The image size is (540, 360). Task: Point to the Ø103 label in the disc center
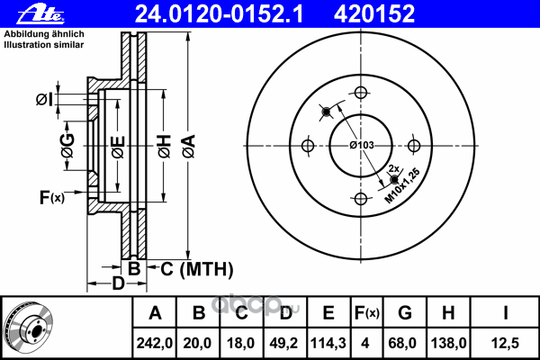click(362, 145)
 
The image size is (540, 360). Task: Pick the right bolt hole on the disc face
click(415, 146)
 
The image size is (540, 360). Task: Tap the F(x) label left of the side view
click(51, 196)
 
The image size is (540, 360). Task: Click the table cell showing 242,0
click(155, 342)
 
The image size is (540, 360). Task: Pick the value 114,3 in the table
click(328, 342)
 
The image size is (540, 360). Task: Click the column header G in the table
click(405, 313)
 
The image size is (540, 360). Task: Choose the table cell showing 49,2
click(284, 342)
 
